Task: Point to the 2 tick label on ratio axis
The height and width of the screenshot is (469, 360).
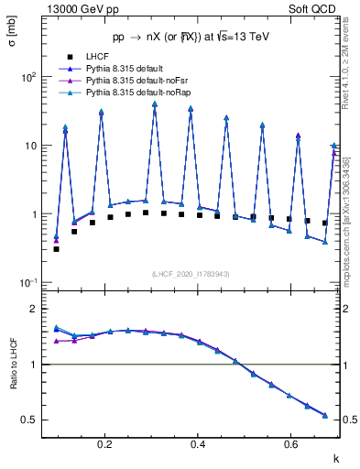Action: click(32, 310)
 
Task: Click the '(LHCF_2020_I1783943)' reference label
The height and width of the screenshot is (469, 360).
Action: click(191, 274)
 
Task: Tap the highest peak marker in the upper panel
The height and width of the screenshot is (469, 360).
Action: click(155, 104)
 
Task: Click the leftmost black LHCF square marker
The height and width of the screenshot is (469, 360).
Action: click(56, 248)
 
